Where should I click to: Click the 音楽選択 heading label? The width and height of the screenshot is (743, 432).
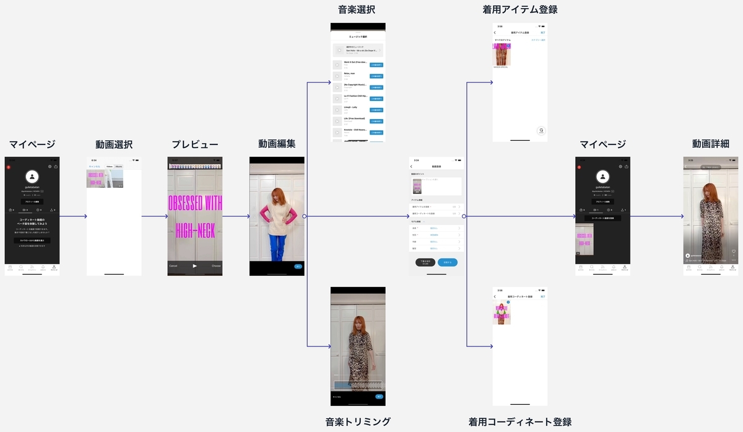click(x=357, y=9)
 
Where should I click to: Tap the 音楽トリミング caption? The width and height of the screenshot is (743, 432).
click(x=358, y=421)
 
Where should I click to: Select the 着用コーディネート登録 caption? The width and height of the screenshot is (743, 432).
click(x=520, y=422)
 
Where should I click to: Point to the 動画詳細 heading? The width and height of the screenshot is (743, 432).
click(x=710, y=144)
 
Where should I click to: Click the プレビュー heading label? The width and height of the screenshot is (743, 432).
click(x=194, y=144)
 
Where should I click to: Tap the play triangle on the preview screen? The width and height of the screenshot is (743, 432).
click(x=195, y=266)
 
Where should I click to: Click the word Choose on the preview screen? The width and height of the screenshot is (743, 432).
click(x=215, y=266)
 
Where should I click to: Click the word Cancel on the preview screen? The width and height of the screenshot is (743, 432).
click(x=173, y=266)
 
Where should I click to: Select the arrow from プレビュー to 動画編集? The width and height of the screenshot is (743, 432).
click(x=236, y=216)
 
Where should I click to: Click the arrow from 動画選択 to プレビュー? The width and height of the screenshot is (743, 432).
click(x=155, y=216)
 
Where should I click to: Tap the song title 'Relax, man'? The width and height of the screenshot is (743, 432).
click(x=350, y=73)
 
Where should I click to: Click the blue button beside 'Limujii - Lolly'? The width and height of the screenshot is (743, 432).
click(x=376, y=110)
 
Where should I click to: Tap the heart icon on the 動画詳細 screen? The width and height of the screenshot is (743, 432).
click(x=734, y=252)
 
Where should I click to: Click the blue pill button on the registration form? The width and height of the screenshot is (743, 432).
click(x=448, y=263)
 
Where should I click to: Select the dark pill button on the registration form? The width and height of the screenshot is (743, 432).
click(x=425, y=263)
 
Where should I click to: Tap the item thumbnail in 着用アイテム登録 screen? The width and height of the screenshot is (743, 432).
click(x=502, y=54)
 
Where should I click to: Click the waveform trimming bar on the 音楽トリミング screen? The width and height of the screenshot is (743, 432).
click(x=358, y=386)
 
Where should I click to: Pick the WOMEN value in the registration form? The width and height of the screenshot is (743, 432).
click(x=434, y=235)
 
